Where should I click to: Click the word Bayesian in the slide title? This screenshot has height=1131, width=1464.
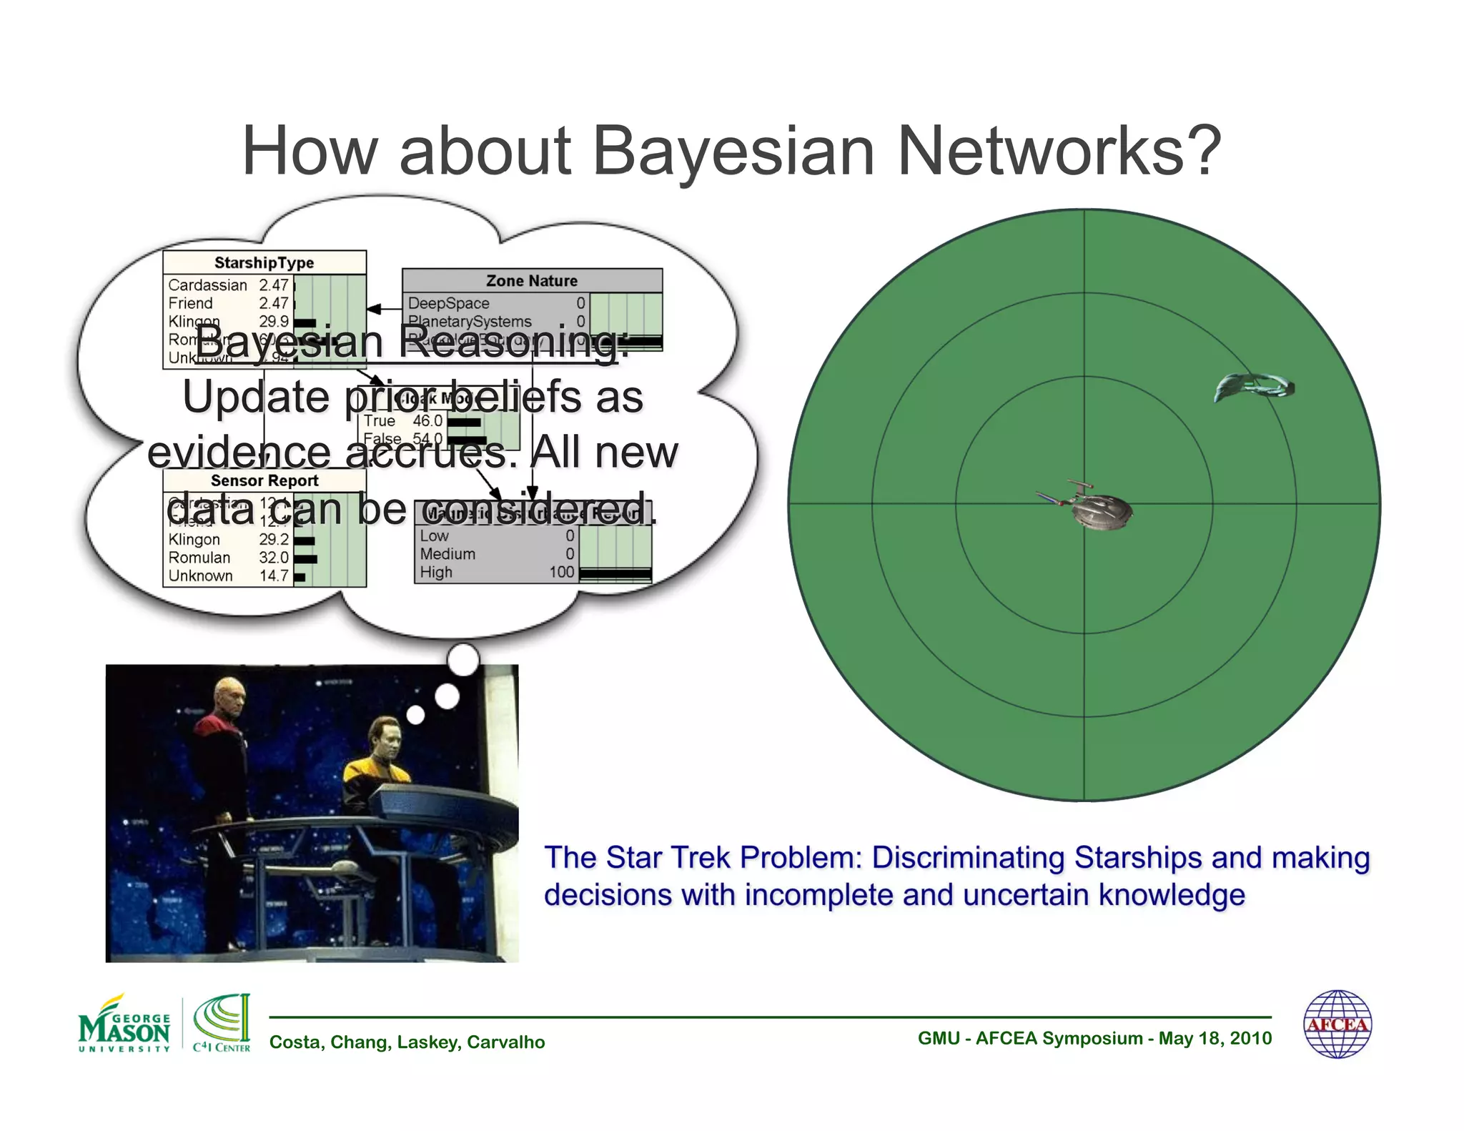point(733,152)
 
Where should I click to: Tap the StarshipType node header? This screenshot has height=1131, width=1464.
point(264,262)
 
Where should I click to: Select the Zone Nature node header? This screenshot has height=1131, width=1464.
point(531,281)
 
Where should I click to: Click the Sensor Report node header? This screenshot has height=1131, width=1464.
point(264,480)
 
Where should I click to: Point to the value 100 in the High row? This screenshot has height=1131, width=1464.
point(561,572)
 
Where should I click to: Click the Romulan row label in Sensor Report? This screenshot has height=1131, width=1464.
point(199,558)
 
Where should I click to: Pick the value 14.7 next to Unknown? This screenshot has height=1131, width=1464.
point(273,576)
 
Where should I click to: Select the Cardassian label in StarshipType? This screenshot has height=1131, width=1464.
point(207,285)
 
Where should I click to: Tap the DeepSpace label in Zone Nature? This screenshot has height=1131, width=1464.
point(448,303)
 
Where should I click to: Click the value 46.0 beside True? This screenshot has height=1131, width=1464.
point(427,421)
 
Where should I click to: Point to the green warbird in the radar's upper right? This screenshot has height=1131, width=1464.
point(1254,387)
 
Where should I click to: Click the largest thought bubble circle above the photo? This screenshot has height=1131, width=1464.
point(463,659)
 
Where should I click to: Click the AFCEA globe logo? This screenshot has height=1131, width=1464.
point(1337,1024)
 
